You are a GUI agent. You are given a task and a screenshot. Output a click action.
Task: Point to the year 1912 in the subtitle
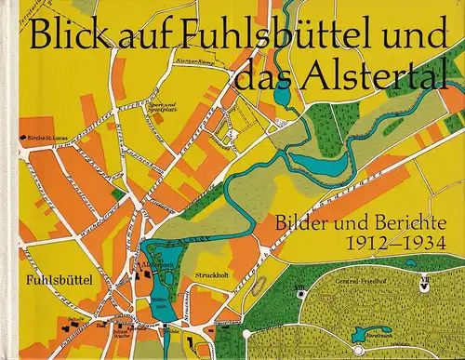[370, 247]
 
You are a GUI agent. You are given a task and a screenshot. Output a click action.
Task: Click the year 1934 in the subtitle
[424, 247]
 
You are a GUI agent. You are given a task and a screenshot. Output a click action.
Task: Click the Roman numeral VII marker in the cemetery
[423, 276]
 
